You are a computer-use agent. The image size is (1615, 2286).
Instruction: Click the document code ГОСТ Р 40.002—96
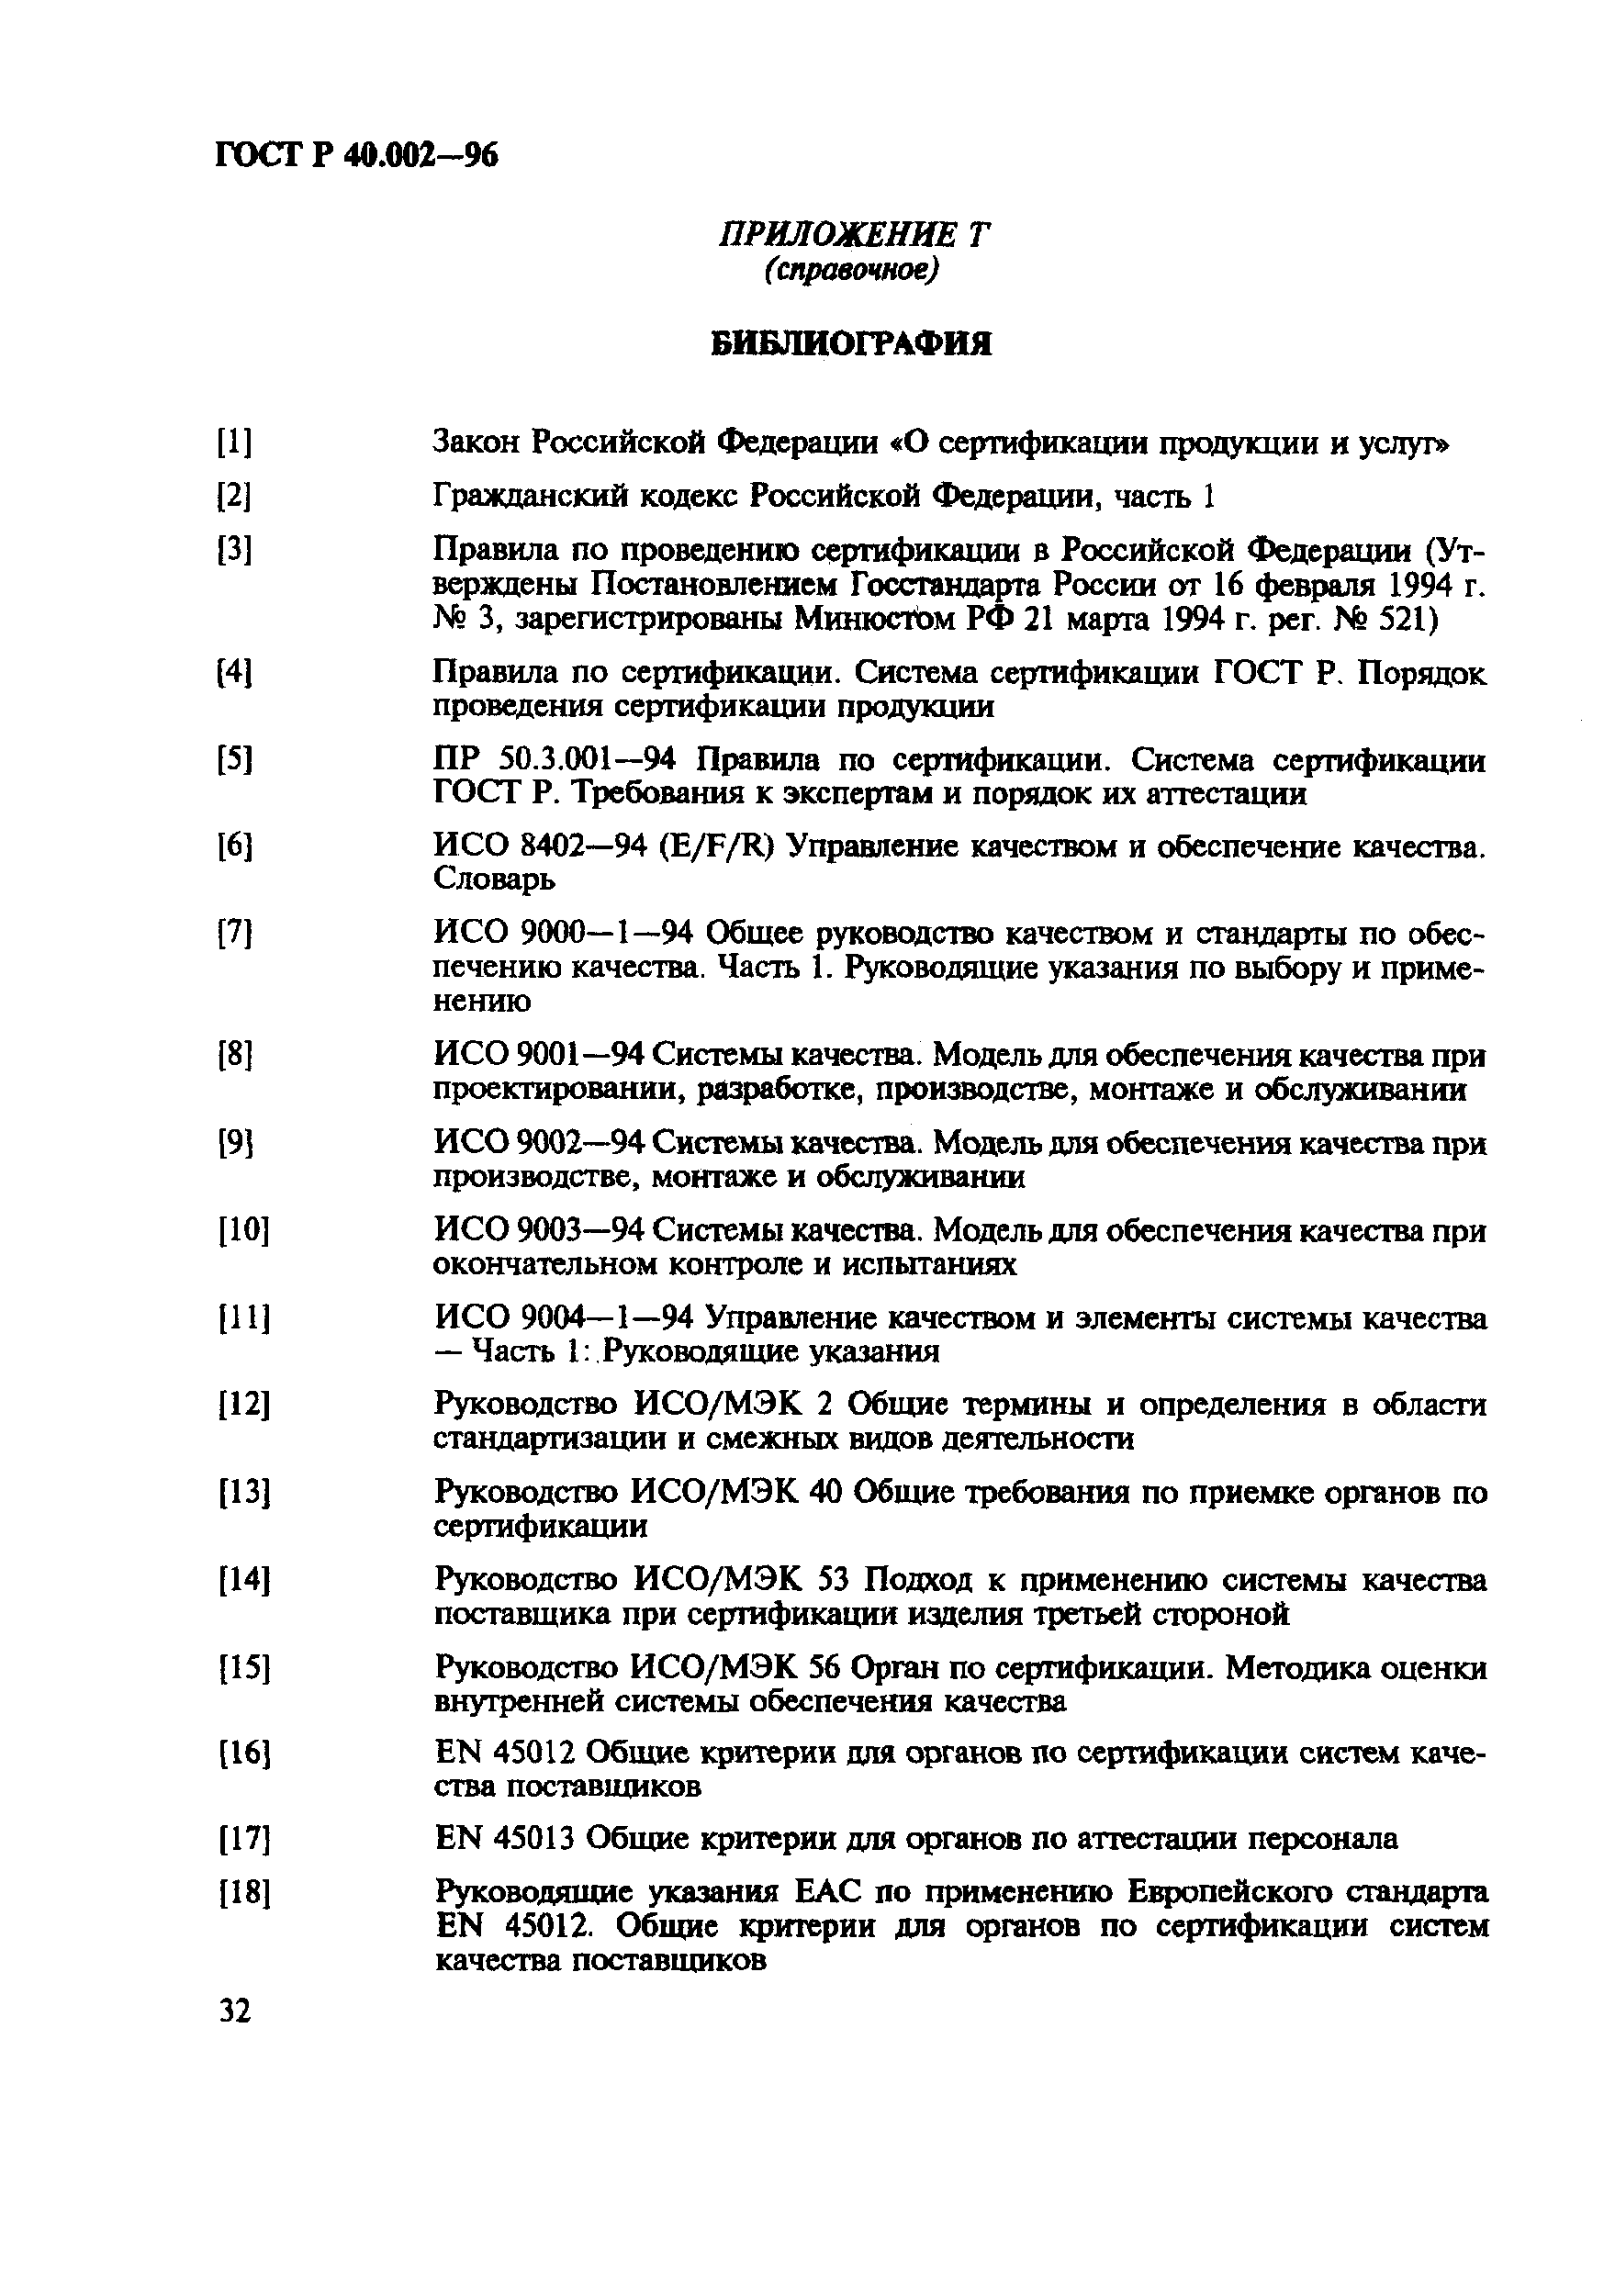point(355,156)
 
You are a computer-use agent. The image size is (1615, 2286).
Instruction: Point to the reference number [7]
point(234,934)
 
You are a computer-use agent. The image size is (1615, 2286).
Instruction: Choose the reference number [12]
point(243,1405)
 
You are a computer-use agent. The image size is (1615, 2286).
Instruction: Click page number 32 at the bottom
point(235,2011)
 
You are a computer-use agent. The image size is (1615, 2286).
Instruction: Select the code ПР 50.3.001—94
point(555,761)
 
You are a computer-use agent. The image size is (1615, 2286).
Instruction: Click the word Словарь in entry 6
point(494,880)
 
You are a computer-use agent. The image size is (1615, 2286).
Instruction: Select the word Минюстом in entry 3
point(874,620)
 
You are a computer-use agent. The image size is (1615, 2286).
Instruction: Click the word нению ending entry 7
point(482,1002)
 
